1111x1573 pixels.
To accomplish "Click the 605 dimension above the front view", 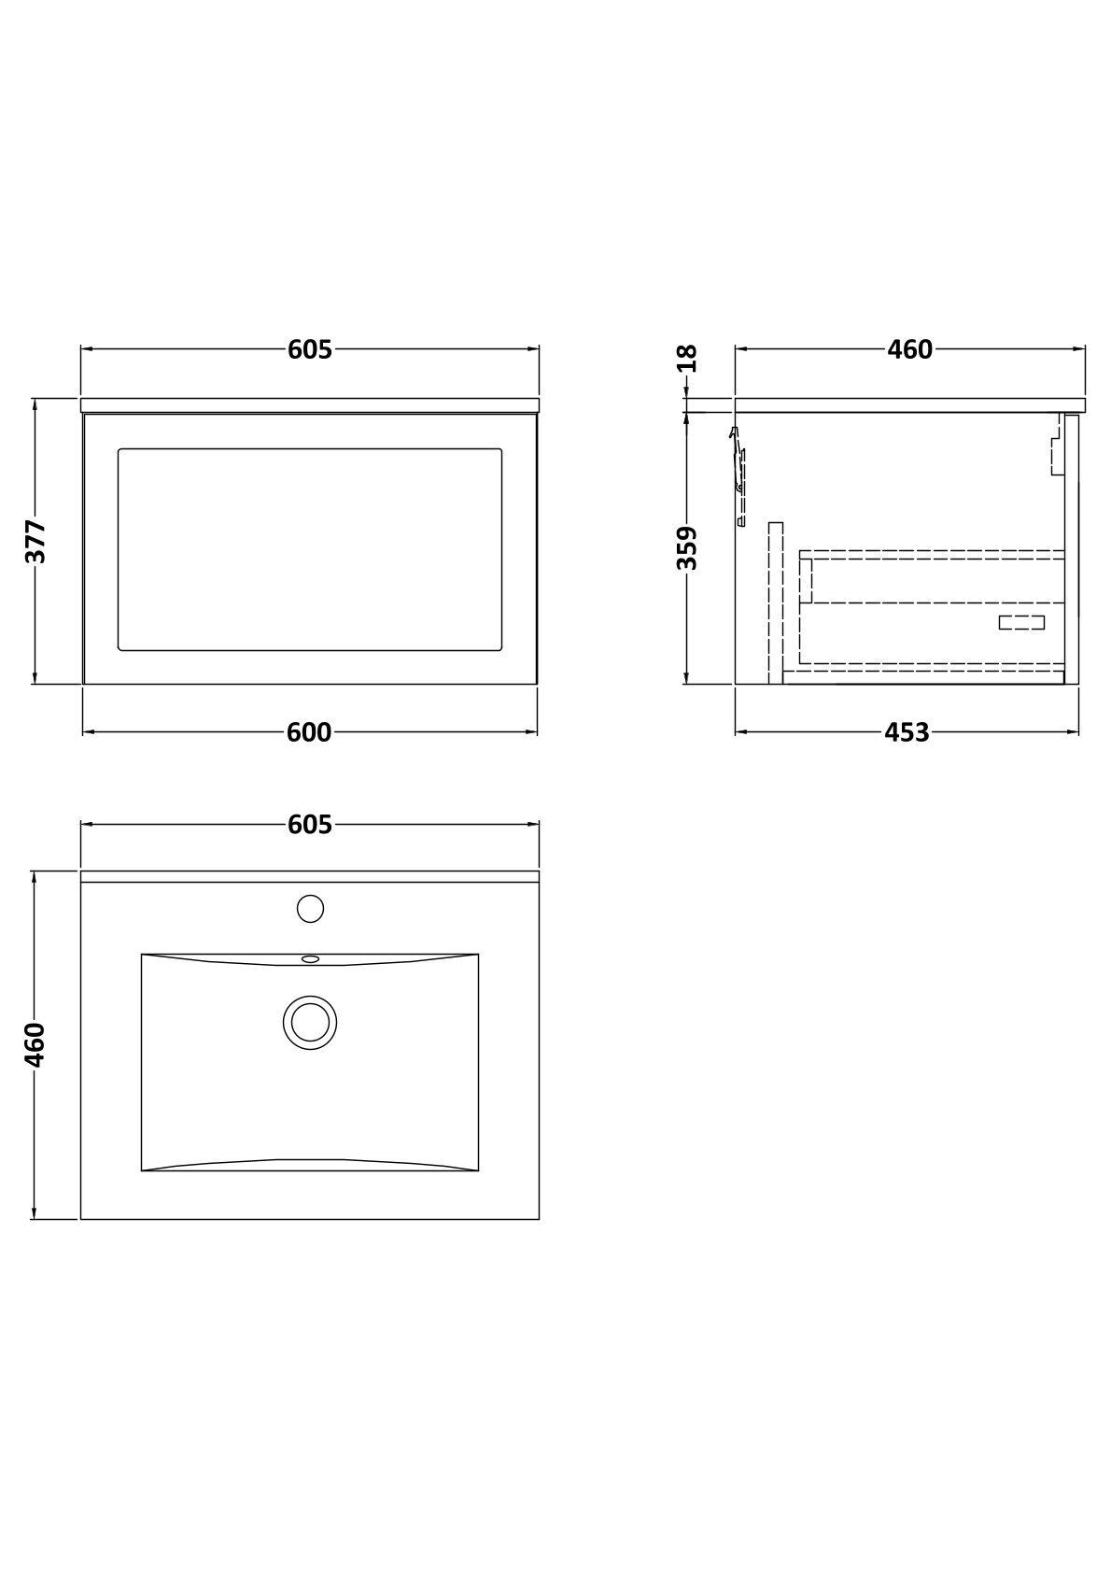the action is pos(310,349).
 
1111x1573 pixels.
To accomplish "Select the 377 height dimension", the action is pos(35,542).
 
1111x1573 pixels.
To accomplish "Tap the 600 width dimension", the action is pos(309,732).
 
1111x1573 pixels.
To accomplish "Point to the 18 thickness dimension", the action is pos(689,358).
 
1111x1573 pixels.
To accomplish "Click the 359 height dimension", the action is pos(687,548).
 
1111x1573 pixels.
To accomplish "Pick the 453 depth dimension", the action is pos(907,732).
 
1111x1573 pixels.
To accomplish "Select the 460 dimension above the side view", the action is pos(909,349).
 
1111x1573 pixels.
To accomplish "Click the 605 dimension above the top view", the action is pos(310,825).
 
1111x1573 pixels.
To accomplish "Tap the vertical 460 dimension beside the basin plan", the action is pos(35,1045).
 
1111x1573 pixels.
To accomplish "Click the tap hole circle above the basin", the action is pos(310,909).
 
